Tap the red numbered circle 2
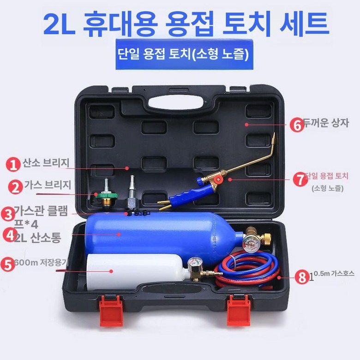[16, 187]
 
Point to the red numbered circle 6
[297, 124]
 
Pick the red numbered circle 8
[302, 278]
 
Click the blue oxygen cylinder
[152, 233]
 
